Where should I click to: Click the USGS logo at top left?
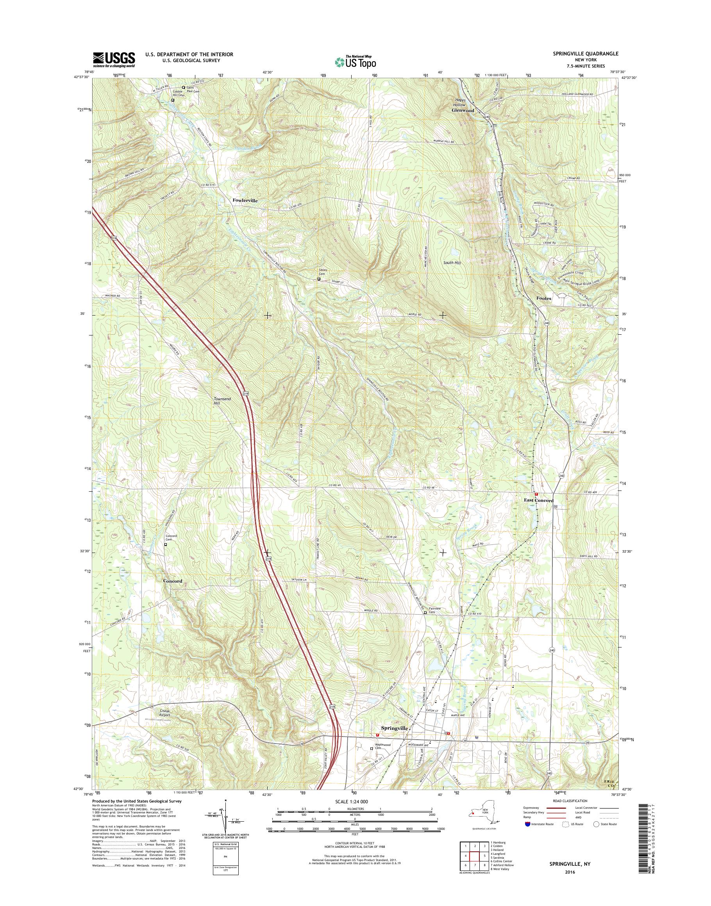click(114, 59)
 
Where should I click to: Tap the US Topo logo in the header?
click(355, 62)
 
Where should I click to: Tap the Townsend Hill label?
click(222, 401)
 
